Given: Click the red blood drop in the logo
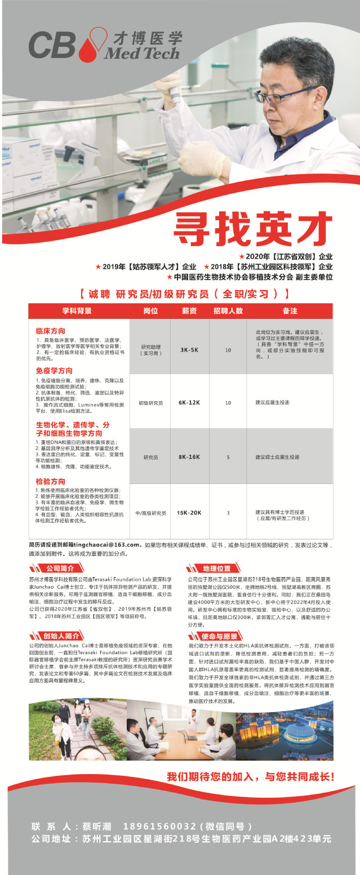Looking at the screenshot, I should pyautogui.click(x=88, y=48).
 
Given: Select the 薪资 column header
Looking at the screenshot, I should pyautogui.click(x=189, y=311).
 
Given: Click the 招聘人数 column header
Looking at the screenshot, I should pyautogui.click(x=228, y=311).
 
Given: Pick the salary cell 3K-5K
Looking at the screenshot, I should pyautogui.click(x=189, y=350).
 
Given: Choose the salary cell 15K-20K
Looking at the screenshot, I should pyautogui.click(x=189, y=513).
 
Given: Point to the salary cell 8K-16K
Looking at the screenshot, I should pyautogui.click(x=189, y=457).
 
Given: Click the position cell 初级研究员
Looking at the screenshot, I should pyautogui.click(x=150, y=403).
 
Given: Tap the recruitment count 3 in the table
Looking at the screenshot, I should pyautogui.click(x=228, y=513).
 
